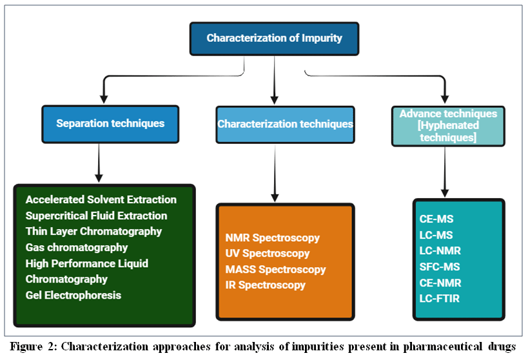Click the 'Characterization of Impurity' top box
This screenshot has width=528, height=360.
click(274, 39)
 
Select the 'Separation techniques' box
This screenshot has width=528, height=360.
click(110, 124)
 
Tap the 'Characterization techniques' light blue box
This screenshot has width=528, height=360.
click(285, 125)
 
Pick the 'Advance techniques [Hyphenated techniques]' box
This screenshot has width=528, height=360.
click(448, 126)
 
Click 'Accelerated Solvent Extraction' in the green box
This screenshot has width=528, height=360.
click(101, 199)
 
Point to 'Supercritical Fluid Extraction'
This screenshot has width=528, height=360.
click(96, 215)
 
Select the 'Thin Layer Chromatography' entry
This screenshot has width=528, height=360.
click(93, 231)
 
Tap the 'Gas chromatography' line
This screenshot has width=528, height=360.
click(77, 247)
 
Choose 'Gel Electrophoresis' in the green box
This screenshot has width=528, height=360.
click(73, 295)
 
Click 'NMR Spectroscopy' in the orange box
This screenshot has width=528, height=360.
click(273, 237)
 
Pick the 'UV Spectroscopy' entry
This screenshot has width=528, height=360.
click(268, 253)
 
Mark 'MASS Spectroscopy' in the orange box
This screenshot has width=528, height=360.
click(275, 269)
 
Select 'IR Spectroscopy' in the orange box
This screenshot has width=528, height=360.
click(266, 285)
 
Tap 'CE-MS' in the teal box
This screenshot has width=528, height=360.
click(436, 219)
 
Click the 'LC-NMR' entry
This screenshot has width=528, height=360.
click(440, 251)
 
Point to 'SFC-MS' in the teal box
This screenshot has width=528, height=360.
click(440, 266)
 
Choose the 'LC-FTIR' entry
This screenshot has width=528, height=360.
click(440, 298)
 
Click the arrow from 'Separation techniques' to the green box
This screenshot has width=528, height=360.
click(99, 163)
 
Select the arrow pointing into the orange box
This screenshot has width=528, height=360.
click(275, 174)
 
